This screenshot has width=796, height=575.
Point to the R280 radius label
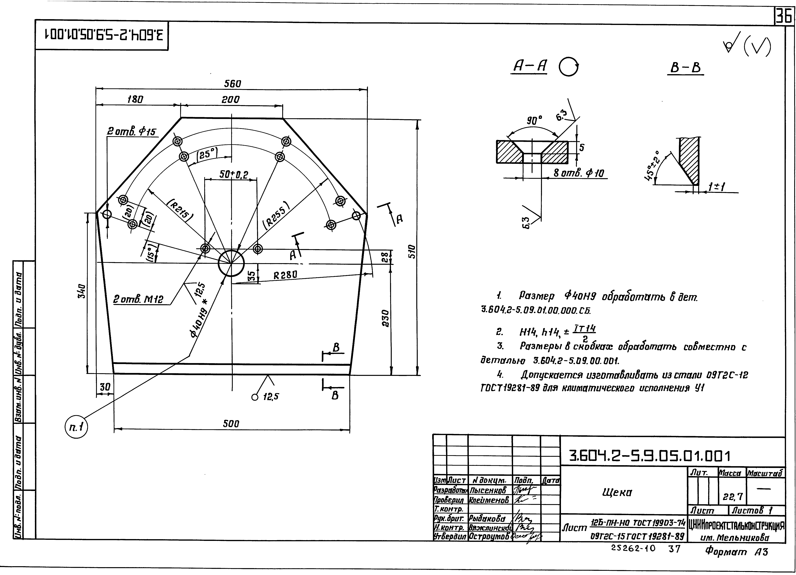click(285, 275)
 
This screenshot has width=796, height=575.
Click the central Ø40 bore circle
click(231, 263)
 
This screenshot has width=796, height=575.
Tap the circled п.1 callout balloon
click(76, 428)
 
